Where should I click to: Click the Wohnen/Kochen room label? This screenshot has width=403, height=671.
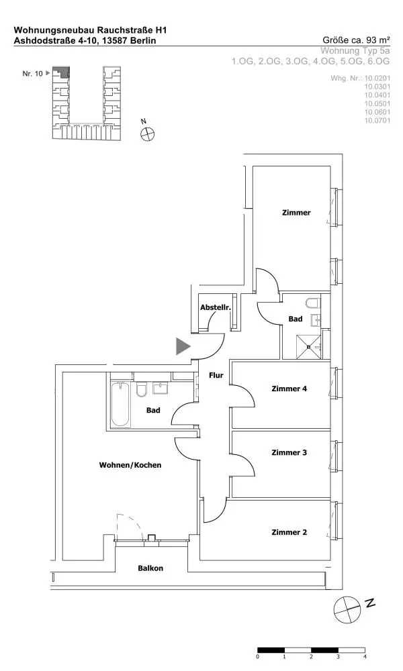[x=130, y=465]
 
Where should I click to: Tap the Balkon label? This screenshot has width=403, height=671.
[x=150, y=568]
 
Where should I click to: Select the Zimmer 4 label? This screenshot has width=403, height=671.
[x=289, y=389]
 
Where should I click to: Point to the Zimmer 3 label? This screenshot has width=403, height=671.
[x=289, y=452]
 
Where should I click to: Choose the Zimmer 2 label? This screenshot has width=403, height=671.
[x=289, y=532]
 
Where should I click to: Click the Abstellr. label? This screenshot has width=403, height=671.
[x=216, y=308]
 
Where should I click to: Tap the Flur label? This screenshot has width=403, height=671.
[x=216, y=375]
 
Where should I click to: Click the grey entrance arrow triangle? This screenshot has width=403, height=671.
[x=182, y=346]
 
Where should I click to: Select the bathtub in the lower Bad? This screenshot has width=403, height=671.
[x=120, y=405]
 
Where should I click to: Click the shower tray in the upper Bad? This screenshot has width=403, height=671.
[x=308, y=347]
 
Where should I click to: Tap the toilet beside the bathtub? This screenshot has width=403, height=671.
[x=142, y=389]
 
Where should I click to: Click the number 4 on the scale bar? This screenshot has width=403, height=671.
[x=365, y=656]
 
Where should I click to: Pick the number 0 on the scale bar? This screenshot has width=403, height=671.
[x=258, y=656]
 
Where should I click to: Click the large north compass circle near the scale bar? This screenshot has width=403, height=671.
[x=347, y=610]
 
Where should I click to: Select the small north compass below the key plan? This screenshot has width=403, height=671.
[x=147, y=134]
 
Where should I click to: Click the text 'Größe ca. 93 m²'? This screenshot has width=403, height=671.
[x=356, y=40]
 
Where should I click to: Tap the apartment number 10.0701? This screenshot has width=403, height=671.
[x=377, y=121]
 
